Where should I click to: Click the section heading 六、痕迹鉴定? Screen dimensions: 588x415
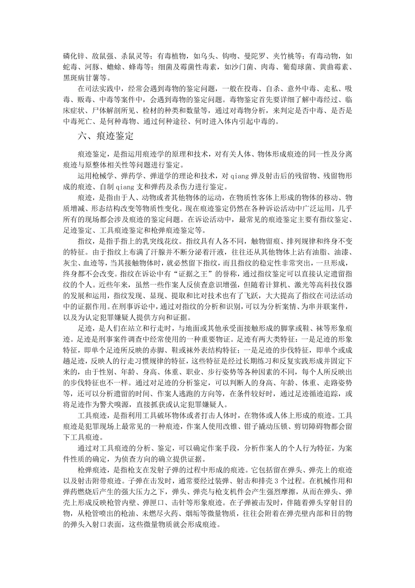[x=106, y=136]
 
